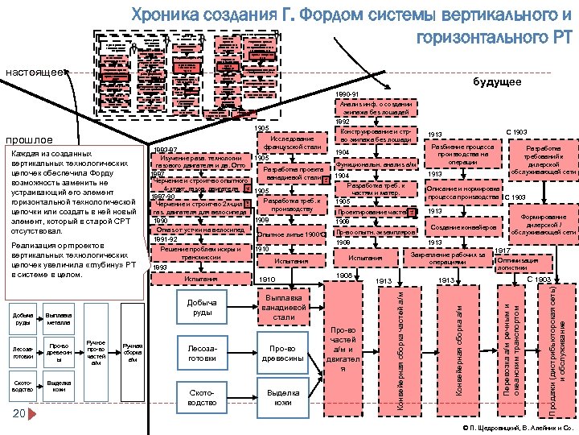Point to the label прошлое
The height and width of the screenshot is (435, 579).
[x=24, y=139]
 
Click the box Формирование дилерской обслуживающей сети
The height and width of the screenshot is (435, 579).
[x=544, y=225]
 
